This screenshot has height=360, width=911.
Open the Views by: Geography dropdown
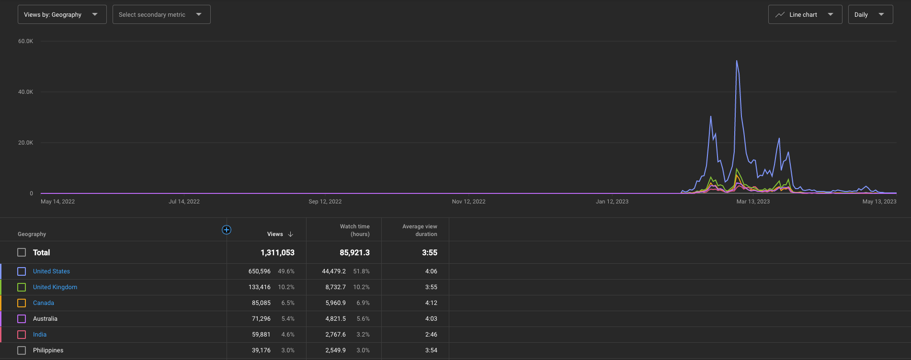click(x=62, y=14)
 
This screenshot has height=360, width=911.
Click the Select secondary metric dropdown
click(x=161, y=14)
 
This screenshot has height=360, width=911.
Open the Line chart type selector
click(x=805, y=14)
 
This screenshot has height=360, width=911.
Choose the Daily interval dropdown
click(x=870, y=14)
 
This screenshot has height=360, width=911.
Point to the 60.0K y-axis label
click(x=26, y=41)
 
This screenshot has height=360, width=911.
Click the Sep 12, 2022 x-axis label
click(x=325, y=202)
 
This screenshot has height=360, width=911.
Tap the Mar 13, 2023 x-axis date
click(x=753, y=202)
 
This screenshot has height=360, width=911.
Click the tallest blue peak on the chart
click(x=737, y=61)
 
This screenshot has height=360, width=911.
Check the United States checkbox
click(x=22, y=271)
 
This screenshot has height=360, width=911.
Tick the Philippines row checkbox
click(x=22, y=350)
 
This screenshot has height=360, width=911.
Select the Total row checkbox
click(x=22, y=252)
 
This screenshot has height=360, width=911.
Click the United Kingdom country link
click(x=55, y=287)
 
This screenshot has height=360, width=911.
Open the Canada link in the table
click(x=44, y=303)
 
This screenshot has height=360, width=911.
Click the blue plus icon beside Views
click(x=227, y=230)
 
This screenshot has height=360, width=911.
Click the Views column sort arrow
click(x=291, y=234)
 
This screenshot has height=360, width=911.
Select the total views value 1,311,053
click(x=277, y=252)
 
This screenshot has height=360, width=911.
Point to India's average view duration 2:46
click(x=431, y=335)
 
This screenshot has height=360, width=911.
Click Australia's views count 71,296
click(x=261, y=319)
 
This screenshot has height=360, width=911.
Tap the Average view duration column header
click(x=420, y=230)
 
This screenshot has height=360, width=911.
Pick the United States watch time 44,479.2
click(x=334, y=271)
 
